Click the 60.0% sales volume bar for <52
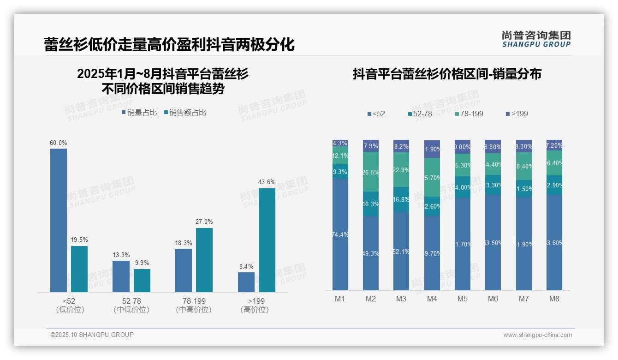point(59,220)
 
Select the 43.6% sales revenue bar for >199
point(267,240)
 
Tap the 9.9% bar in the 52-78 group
point(142,280)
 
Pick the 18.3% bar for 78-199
point(184,270)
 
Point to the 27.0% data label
point(204,222)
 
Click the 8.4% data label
point(246,266)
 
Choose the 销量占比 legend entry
point(139,112)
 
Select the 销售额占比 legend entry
point(185,112)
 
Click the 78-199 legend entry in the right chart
point(469,114)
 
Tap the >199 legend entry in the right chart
point(517,114)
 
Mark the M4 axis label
point(432,299)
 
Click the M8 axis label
point(554,299)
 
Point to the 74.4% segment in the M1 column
point(340,234)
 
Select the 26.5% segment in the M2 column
point(371,172)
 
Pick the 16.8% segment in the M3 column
point(401,199)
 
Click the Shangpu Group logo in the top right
point(536,39)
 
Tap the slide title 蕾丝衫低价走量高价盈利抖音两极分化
point(169,45)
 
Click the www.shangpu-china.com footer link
point(537,335)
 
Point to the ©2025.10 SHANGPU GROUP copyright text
point(92,335)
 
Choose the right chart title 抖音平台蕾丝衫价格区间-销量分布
point(447,74)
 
